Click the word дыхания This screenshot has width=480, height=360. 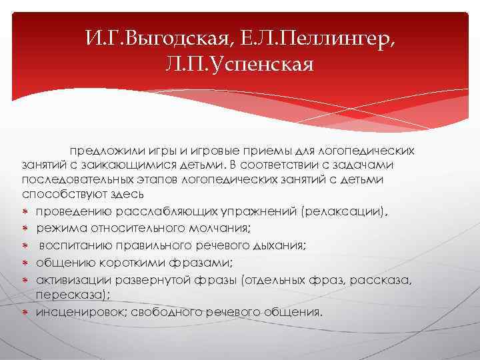pyautogui.click(x=277, y=245)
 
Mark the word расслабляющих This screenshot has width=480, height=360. pyautogui.click(x=179, y=211)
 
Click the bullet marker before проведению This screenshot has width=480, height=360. pyautogui.click(x=25, y=212)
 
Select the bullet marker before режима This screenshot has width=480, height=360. pyautogui.click(x=25, y=229)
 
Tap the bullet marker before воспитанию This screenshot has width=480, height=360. pyautogui.click(x=25, y=245)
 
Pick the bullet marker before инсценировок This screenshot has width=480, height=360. pyautogui.click(x=25, y=311)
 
